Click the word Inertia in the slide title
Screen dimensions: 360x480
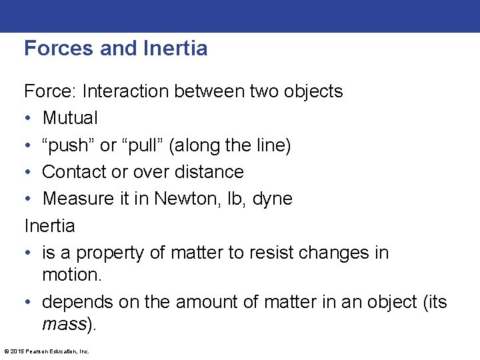pyautogui.click(x=175, y=49)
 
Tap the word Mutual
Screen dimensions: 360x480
pyautogui.click(x=70, y=119)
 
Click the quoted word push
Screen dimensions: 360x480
pyautogui.click(x=70, y=145)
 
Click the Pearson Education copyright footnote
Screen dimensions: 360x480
pyautogui.click(x=47, y=351)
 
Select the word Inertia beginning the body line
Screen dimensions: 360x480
pyautogui.click(x=49, y=226)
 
